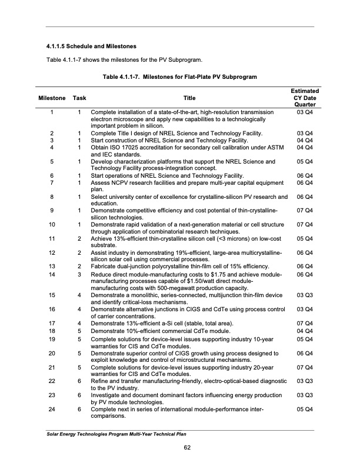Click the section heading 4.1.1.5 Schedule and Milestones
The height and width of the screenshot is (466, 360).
(91, 46)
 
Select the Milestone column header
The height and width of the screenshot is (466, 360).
(52, 98)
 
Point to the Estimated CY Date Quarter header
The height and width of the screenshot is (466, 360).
(305, 98)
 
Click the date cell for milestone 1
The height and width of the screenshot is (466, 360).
(305, 112)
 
